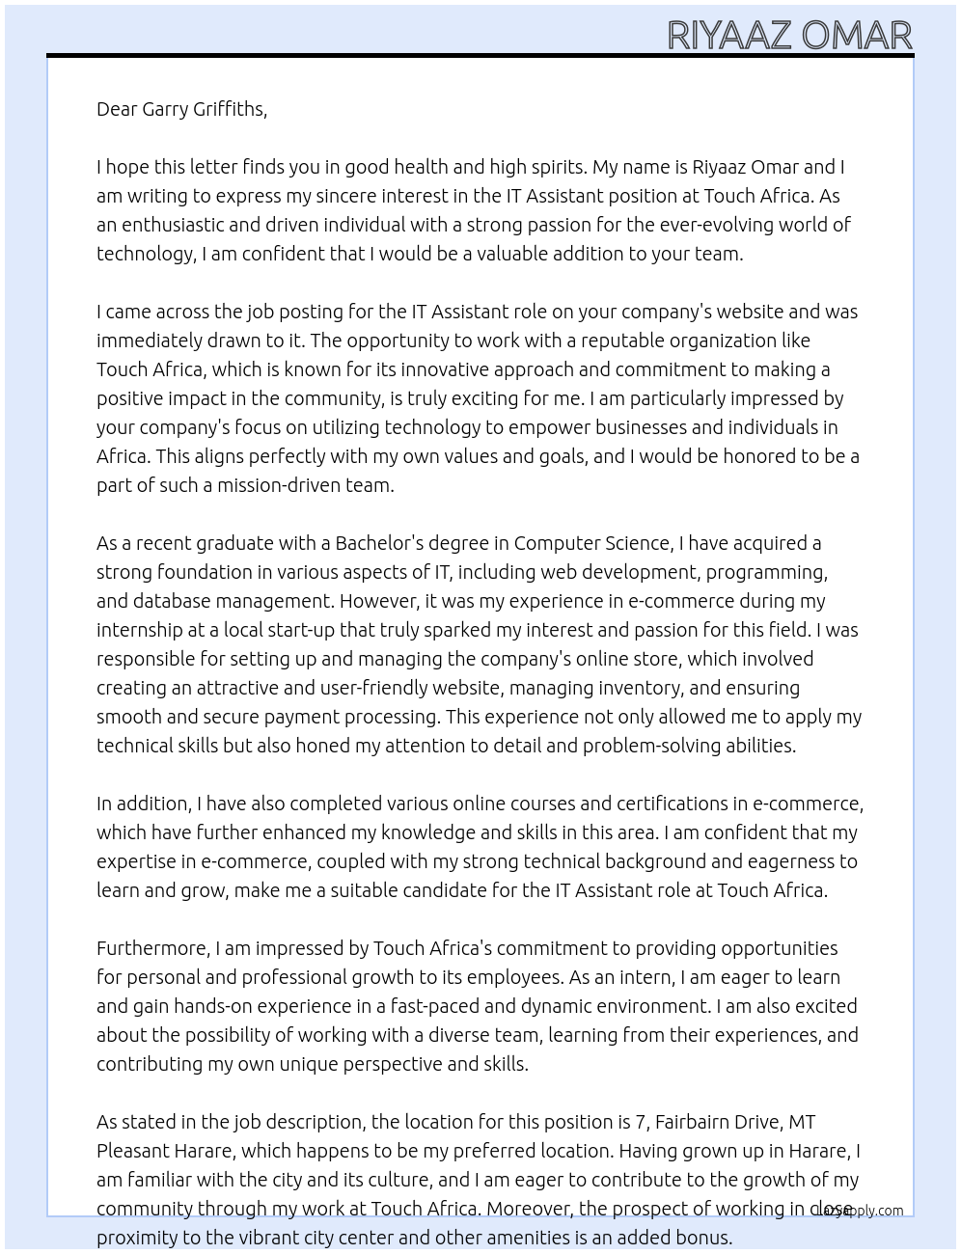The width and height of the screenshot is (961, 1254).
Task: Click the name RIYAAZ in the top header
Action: [730, 36]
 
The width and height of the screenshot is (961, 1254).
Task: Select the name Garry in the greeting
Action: [165, 109]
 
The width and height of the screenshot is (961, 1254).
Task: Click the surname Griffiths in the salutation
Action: [230, 109]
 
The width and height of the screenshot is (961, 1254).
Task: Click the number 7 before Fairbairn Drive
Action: [639, 1122]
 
